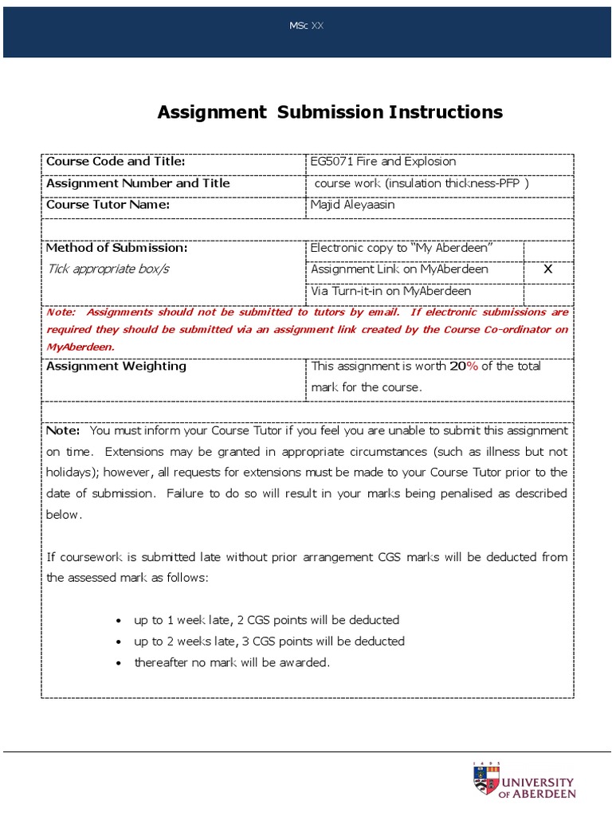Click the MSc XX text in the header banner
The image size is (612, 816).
(306, 26)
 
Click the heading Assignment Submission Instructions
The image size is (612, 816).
(330, 112)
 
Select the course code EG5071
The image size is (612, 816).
(332, 162)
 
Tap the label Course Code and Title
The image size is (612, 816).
(116, 162)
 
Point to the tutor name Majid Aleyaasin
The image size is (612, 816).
(352, 205)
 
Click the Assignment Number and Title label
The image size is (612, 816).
(138, 183)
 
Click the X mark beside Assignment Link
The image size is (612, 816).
(547, 269)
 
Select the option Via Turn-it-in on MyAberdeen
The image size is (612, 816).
(390, 291)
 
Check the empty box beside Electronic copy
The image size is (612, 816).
(547, 248)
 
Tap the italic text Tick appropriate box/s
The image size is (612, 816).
(108, 269)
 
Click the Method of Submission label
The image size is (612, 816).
(117, 248)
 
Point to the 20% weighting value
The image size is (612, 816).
(463, 367)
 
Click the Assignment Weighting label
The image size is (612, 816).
(116, 367)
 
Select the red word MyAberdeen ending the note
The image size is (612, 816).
(80, 347)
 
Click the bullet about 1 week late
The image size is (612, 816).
(266, 619)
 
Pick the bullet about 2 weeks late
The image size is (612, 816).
(269, 641)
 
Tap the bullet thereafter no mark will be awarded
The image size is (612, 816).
(231, 662)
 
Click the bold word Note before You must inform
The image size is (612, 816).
(63, 430)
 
